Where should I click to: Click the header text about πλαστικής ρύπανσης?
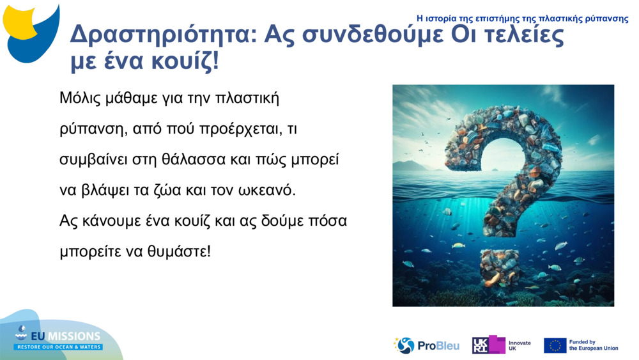(522, 19)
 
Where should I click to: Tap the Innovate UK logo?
(502, 345)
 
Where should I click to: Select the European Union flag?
(555, 345)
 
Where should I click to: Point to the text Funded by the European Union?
(593, 345)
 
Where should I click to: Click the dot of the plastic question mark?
(500, 268)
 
